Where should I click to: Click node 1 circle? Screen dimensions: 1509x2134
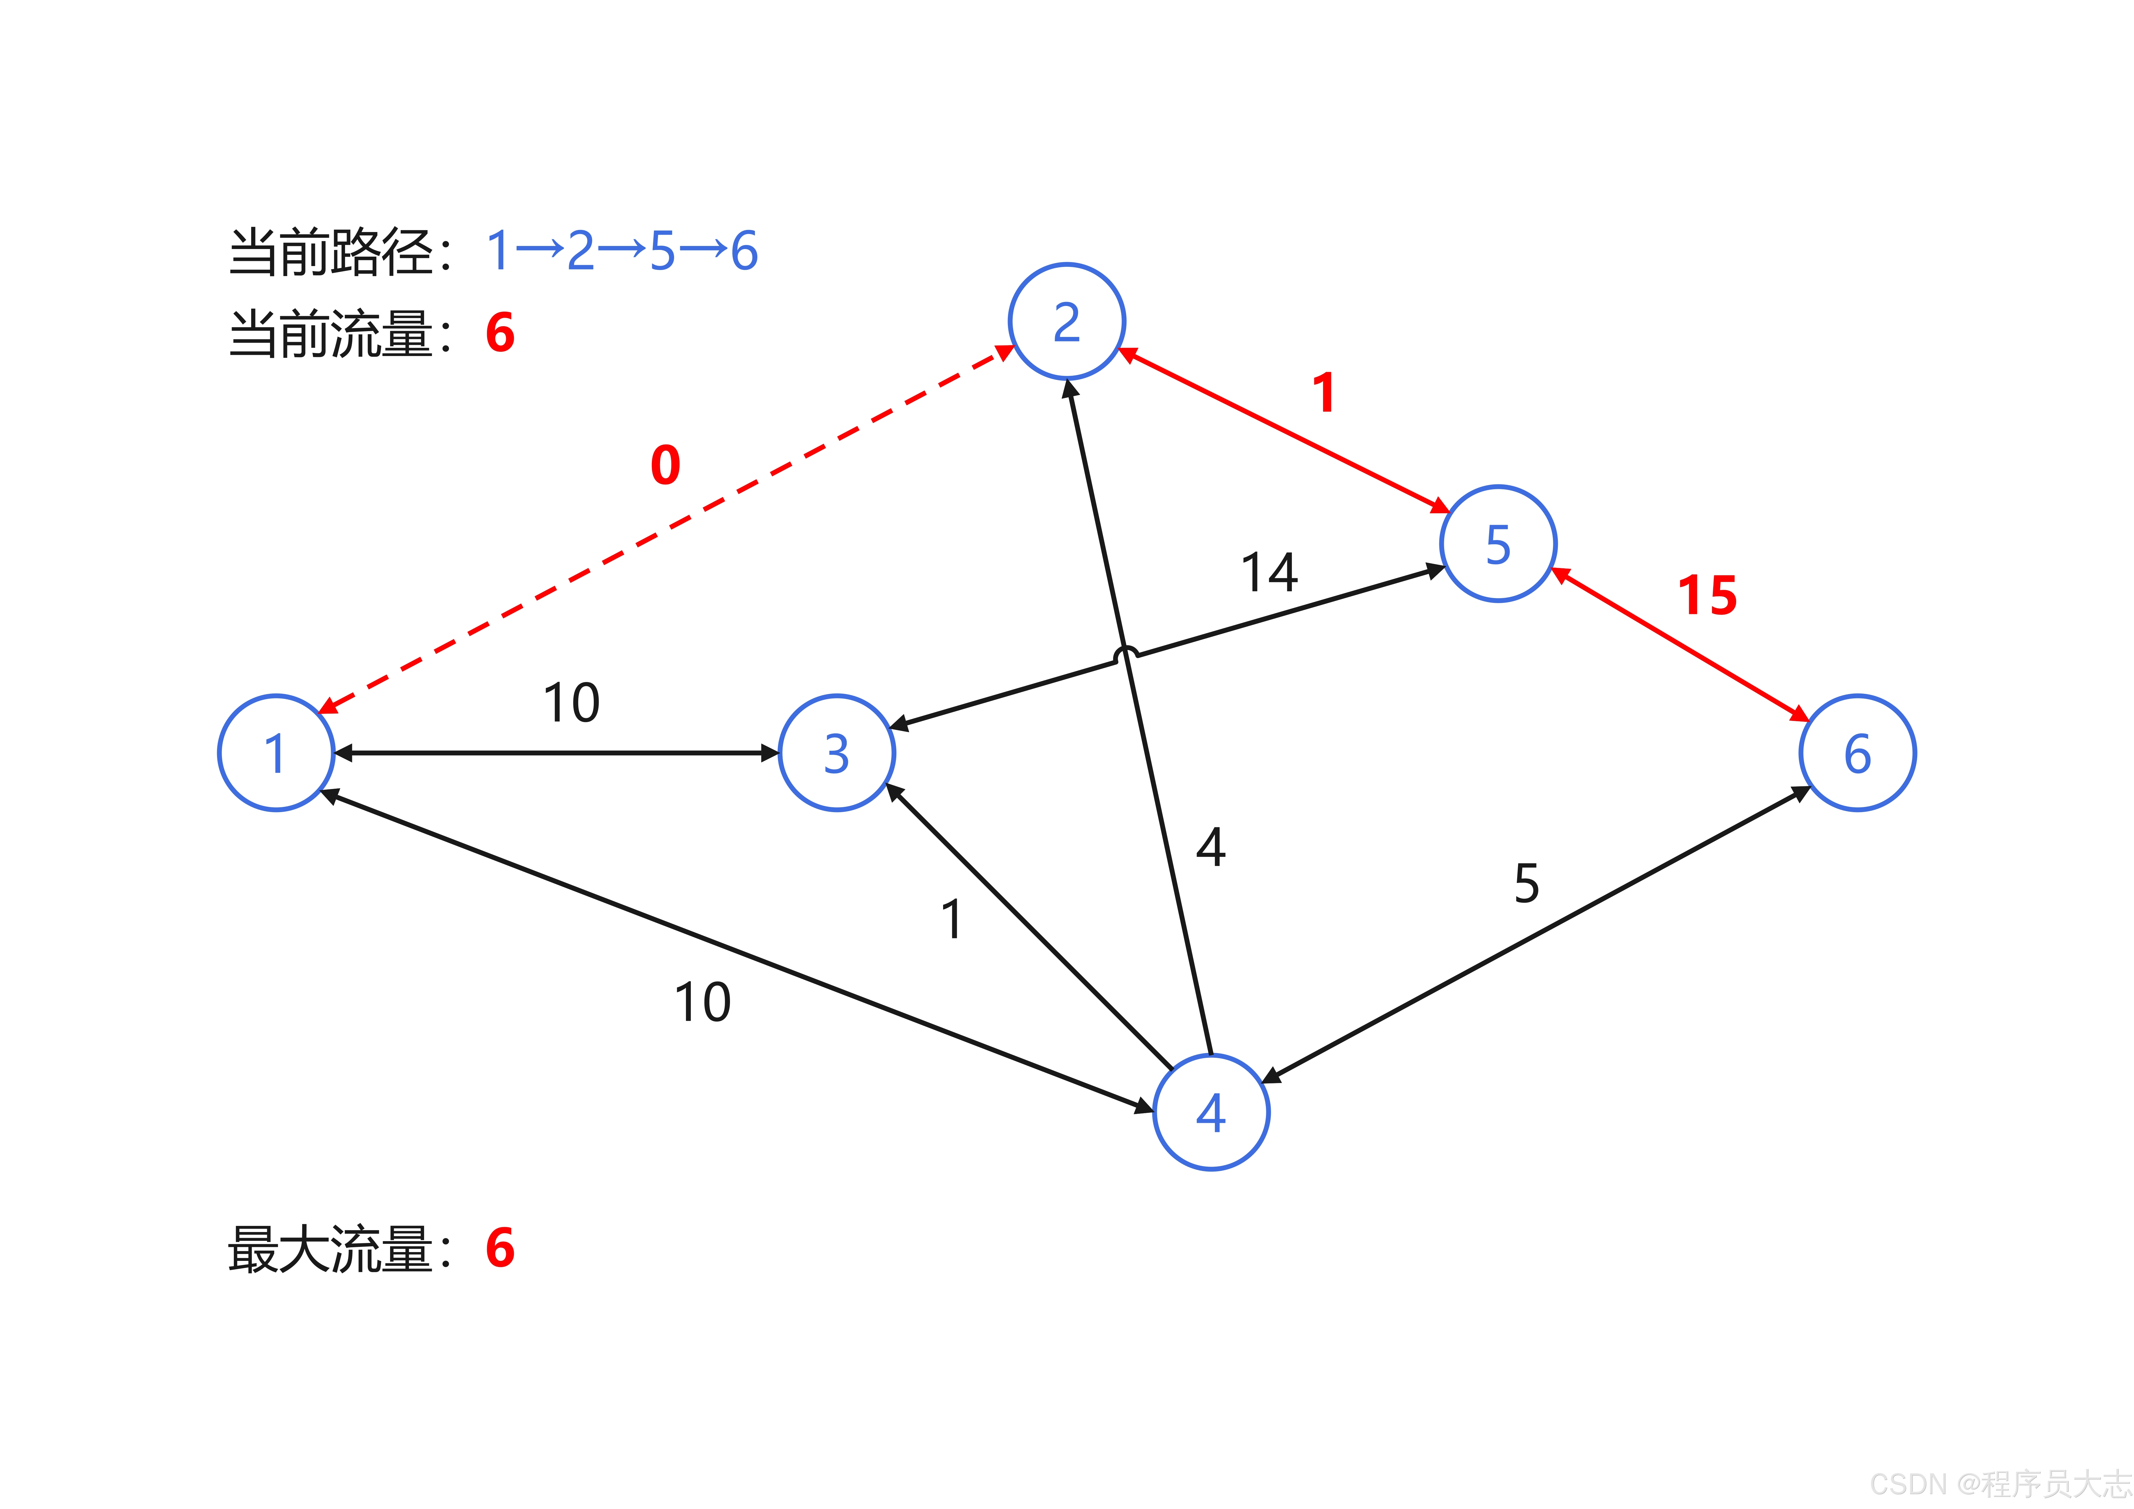[x=276, y=753]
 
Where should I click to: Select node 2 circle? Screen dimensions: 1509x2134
[x=1067, y=322]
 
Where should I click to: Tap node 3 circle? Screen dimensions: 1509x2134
[x=836, y=753]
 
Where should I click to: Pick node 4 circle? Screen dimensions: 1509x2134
[x=1211, y=1112]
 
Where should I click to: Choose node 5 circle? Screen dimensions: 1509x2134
[x=1498, y=544]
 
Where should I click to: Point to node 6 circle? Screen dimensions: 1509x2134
[x=1857, y=753]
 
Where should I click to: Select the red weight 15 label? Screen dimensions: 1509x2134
[x=1707, y=596]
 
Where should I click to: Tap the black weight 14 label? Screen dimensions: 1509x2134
[x=1270, y=573]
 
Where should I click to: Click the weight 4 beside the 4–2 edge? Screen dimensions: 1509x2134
[x=1211, y=847]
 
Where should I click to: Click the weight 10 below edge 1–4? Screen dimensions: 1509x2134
[x=703, y=1002]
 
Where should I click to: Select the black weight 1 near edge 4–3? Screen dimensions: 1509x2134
[x=952, y=919]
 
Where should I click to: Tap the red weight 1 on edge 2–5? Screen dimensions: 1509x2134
[x=1324, y=393]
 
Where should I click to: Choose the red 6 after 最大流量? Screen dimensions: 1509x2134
[x=500, y=1248]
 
